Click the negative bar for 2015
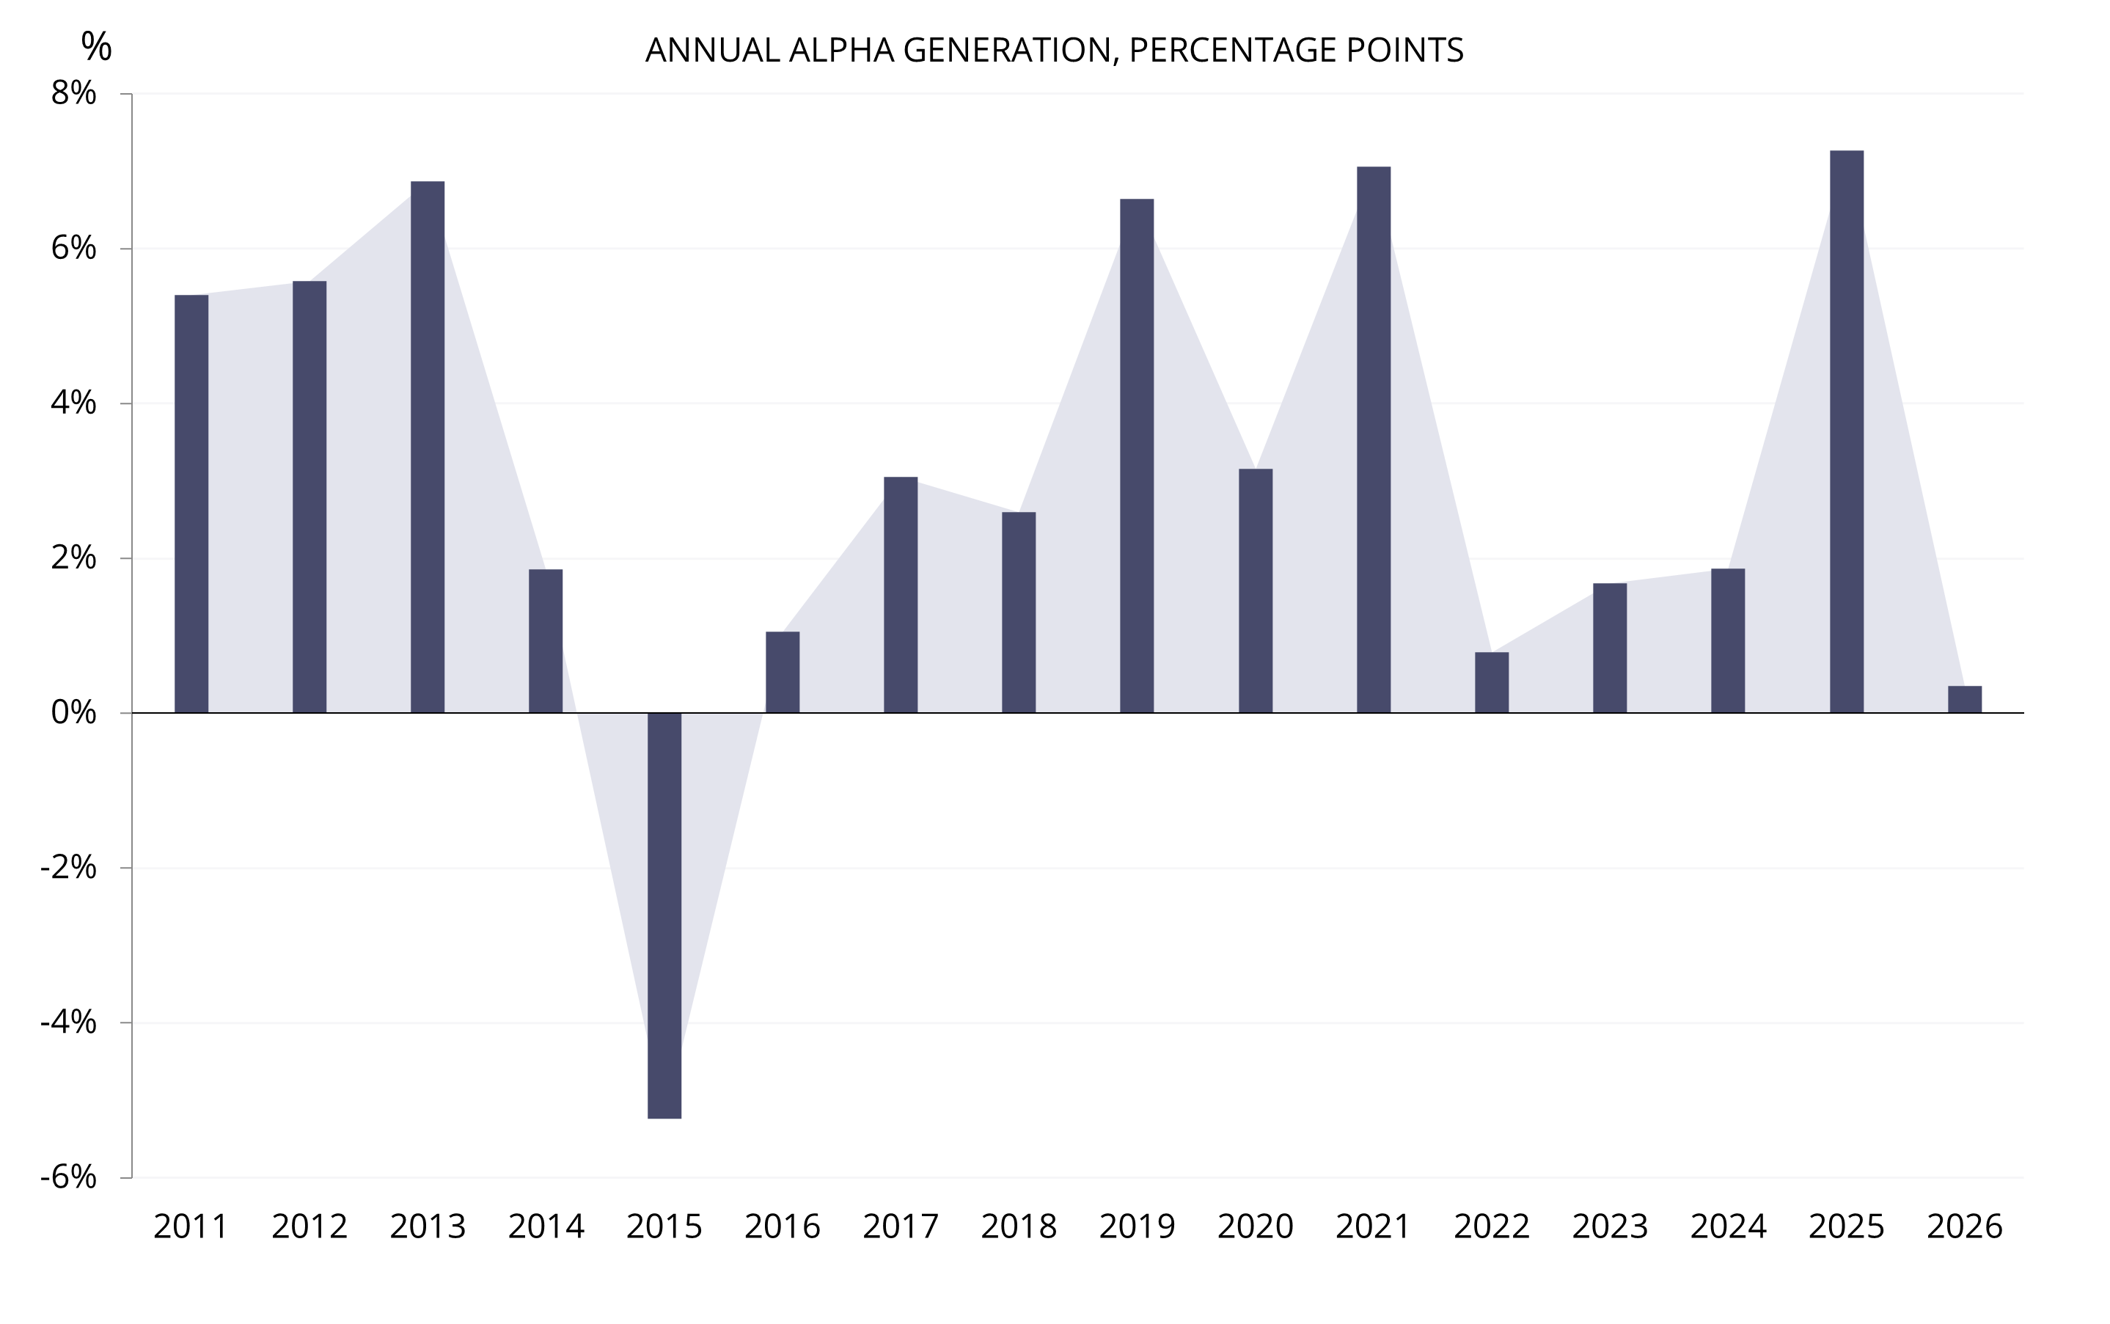[x=664, y=915]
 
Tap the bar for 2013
[x=428, y=447]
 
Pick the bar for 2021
[x=1373, y=439]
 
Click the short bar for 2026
[x=1964, y=700]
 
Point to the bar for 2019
[x=1137, y=456]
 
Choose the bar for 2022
[x=1491, y=682]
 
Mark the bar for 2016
[x=782, y=672]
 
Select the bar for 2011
[x=191, y=503]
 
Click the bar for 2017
[x=900, y=595]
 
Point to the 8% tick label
[x=73, y=93]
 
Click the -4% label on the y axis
[x=68, y=1022]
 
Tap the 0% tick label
[x=73, y=713]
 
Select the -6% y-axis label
[x=68, y=1177]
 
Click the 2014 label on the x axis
[x=546, y=1226]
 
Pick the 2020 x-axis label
[x=1255, y=1226]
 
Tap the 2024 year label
[x=1727, y=1226]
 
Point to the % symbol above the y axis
[x=96, y=45]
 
